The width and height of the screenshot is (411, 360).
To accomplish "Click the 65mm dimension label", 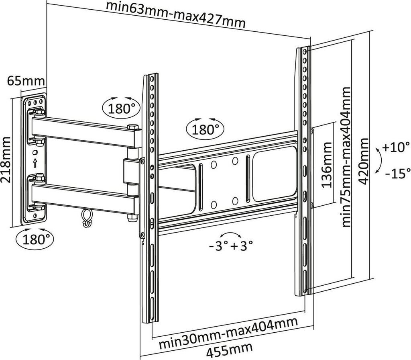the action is [x=26, y=81].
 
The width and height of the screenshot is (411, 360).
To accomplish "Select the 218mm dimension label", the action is [x=6, y=160].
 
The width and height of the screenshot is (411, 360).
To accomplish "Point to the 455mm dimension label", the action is [x=230, y=350].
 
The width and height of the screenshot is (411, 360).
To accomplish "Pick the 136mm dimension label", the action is [x=327, y=165].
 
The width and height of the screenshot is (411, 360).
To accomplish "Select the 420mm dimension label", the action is [x=364, y=161].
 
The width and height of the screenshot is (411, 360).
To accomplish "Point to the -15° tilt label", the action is [x=398, y=173].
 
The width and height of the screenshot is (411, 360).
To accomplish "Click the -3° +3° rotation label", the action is [x=231, y=246].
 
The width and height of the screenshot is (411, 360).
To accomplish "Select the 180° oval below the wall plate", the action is [x=35, y=239].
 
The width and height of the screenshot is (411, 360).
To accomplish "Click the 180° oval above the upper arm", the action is [x=121, y=107].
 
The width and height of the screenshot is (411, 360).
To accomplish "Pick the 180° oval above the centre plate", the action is [x=205, y=129].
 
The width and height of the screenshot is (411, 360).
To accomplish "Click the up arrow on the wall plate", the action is [x=35, y=163].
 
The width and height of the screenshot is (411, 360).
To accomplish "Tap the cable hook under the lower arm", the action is [x=86, y=217].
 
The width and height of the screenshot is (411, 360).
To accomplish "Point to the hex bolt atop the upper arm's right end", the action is [x=133, y=127].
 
